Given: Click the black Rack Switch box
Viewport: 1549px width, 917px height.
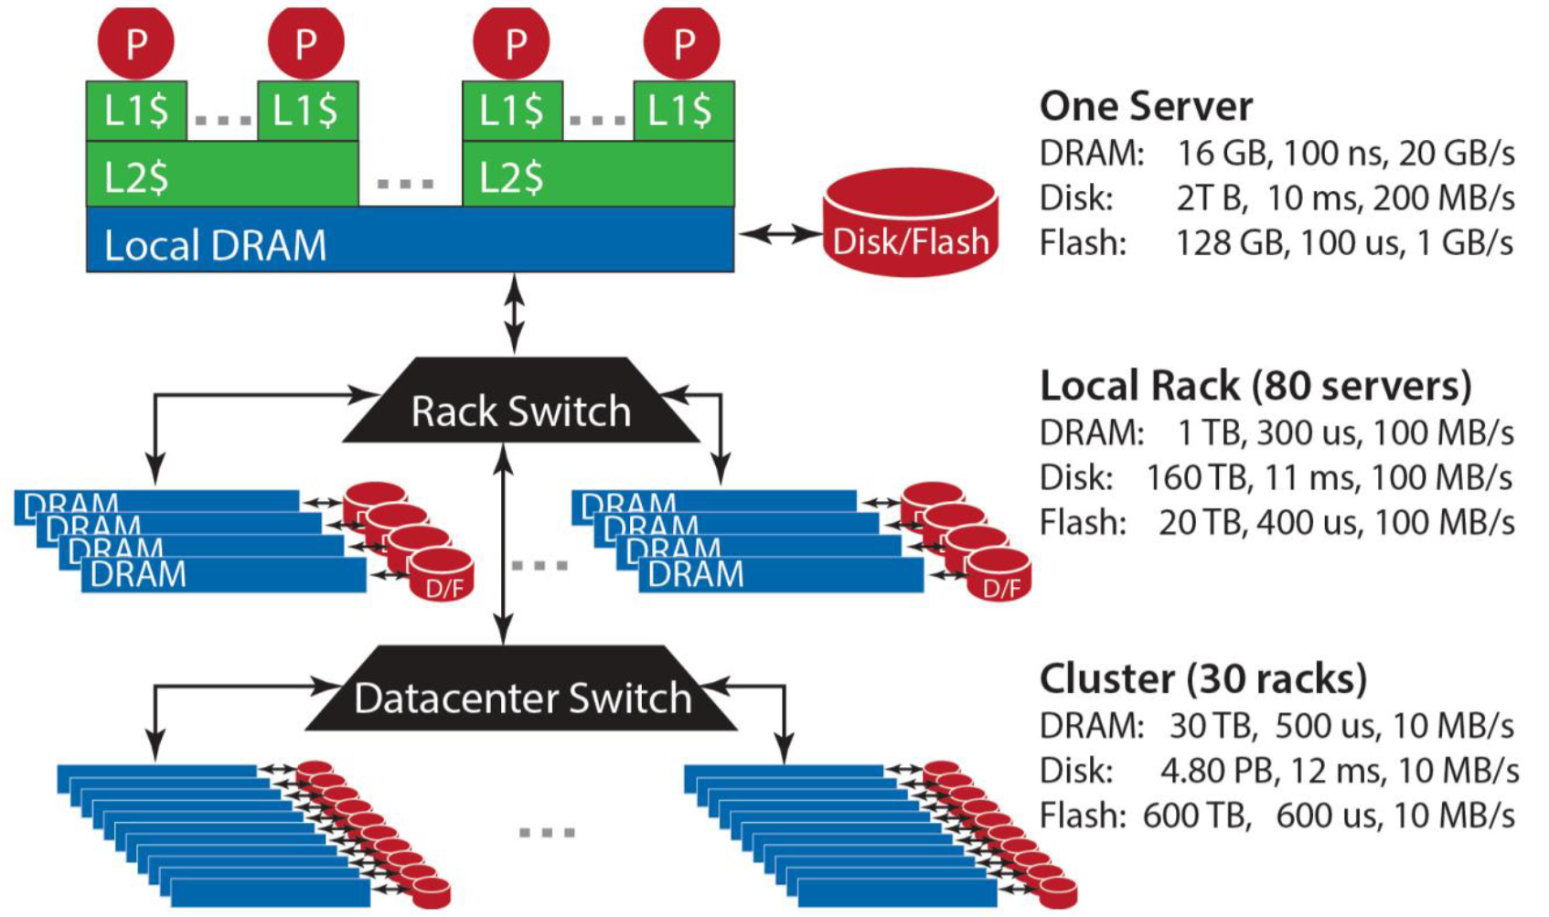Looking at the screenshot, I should [x=520, y=411].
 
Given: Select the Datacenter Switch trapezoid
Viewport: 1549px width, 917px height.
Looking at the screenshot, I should [x=522, y=698].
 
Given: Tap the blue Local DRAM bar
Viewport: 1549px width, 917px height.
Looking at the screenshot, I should [x=410, y=243].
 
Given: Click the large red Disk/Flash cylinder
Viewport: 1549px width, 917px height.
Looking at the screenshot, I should [x=911, y=225].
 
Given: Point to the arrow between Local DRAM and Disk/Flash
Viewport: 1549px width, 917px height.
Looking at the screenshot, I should [x=780, y=235].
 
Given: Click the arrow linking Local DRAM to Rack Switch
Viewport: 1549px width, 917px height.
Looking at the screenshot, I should [x=516, y=314].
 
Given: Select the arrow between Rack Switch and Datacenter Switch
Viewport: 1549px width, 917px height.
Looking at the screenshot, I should [x=503, y=544].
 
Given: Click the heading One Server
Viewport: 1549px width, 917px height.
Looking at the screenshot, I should [x=1146, y=106].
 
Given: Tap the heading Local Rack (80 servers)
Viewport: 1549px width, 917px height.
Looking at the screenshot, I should [x=1255, y=386].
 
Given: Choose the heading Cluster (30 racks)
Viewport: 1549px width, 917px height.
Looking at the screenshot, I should [x=1203, y=679].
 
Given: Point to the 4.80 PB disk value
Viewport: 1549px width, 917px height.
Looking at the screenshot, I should [x=1216, y=771].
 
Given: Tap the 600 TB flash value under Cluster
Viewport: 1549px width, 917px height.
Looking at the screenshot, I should [x=1196, y=816].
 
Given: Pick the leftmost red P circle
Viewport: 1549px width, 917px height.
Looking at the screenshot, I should [x=136, y=42].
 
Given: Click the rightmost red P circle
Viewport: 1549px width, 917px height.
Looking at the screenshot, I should [x=681, y=42].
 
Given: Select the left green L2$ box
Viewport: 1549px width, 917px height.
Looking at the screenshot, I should [x=222, y=175].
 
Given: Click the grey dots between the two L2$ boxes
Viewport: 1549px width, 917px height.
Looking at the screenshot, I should [x=405, y=184].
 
